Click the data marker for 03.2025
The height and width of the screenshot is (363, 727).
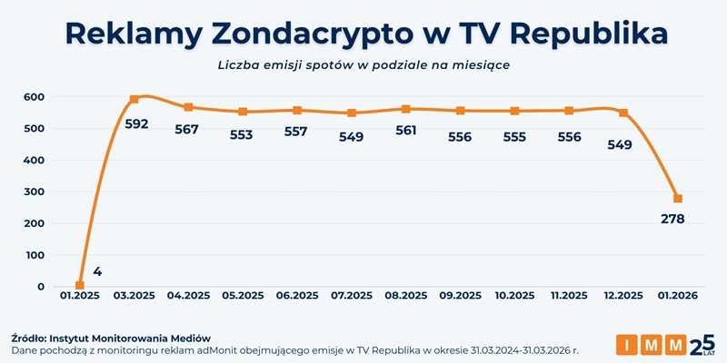(x=134, y=99)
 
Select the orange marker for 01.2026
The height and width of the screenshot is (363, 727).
(x=677, y=199)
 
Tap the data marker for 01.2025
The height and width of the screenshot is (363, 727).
(x=80, y=286)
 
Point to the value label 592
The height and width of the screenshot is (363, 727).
(x=135, y=124)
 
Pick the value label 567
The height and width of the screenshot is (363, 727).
(x=188, y=130)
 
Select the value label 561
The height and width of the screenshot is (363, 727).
(x=405, y=130)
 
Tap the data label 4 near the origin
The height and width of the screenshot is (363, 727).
(x=97, y=271)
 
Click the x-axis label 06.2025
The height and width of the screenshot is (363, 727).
(x=297, y=296)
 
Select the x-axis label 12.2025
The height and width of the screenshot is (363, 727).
(x=623, y=296)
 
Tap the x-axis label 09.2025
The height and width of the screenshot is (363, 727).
(x=460, y=296)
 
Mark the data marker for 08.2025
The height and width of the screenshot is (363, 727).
(x=405, y=109)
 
